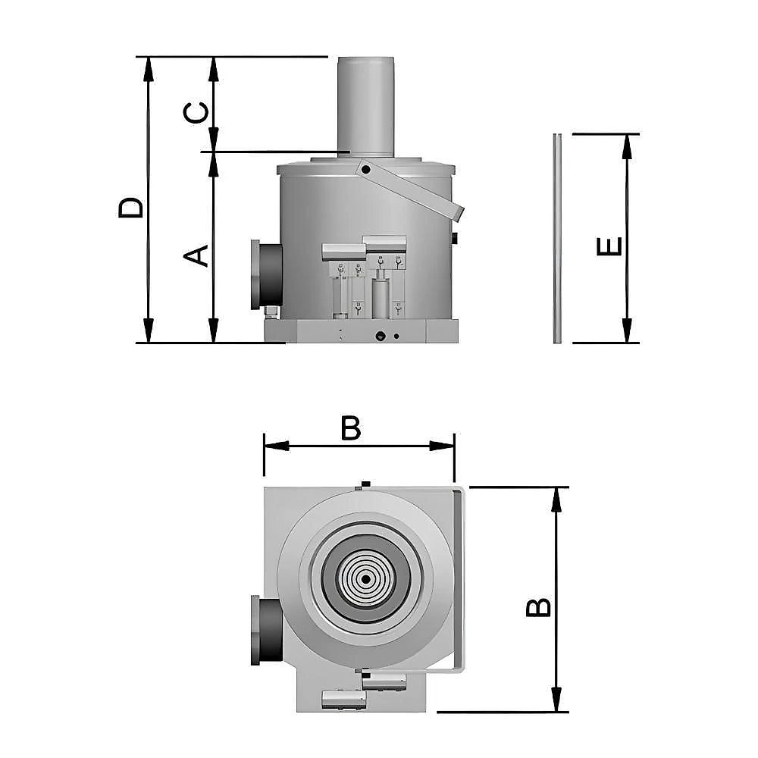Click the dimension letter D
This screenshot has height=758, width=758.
(x=130, y=208)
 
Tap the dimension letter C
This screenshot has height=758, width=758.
(x=196, y=113)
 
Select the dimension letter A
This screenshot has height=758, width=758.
(x=196, y=255)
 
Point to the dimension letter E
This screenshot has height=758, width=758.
(x=609, y=246)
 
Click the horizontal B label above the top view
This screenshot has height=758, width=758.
(x=351, y=428)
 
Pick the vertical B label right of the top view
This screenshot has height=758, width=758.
(x=538, y=607)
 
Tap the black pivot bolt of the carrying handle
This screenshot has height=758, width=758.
(x=365, y=170)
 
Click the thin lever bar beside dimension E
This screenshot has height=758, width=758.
(x=557, y=238)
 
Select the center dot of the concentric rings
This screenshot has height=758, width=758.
(x=365, y=580)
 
